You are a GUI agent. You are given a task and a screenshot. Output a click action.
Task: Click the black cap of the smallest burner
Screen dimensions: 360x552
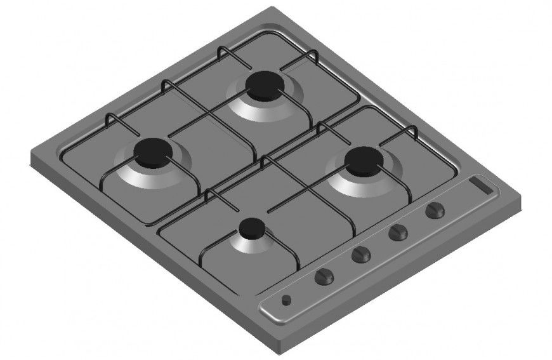click(x=252, y=227)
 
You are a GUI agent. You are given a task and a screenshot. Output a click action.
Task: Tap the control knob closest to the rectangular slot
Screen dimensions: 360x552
click(x=435, y=210)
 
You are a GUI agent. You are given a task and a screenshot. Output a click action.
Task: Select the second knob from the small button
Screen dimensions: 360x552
click(x=360, y=255)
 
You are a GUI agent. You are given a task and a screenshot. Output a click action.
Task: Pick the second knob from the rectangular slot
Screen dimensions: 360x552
click(x=398, y=232)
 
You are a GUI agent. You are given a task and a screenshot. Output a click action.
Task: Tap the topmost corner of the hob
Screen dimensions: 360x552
click(x=273, y=8)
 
